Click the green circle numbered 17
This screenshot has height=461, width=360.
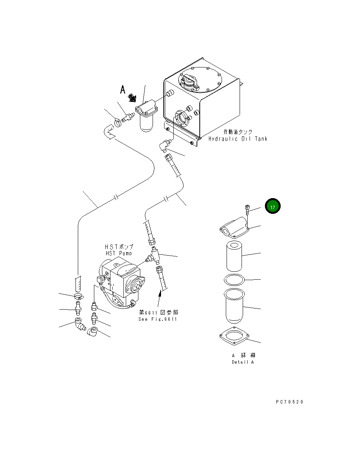coord(273,207)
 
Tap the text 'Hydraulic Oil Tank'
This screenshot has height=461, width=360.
coord(238,139)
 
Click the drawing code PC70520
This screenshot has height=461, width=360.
coord(289,402)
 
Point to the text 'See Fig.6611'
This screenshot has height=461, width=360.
coord(158,319)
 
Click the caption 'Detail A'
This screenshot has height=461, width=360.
coord(242,362)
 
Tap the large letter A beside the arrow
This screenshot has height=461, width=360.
coord(123,90)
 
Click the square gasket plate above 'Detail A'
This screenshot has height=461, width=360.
coord(234,337)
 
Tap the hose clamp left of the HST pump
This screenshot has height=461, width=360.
coord(78,296)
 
